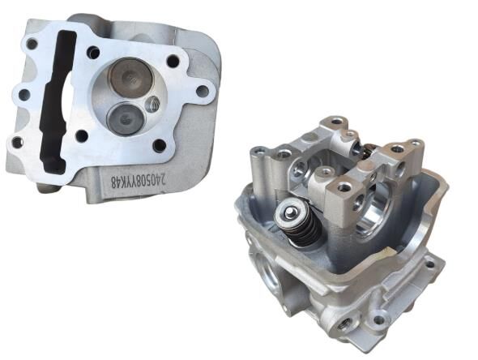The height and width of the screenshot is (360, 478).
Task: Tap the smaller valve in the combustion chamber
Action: point(126,118)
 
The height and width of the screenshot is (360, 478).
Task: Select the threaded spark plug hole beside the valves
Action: point(153,105)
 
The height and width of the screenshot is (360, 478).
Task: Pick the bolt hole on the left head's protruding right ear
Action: point(202,90)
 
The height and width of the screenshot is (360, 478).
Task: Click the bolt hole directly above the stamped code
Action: point(159,146)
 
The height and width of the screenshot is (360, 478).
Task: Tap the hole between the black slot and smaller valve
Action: point(82,135)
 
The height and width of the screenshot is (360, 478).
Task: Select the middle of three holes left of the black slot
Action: point(24,95)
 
